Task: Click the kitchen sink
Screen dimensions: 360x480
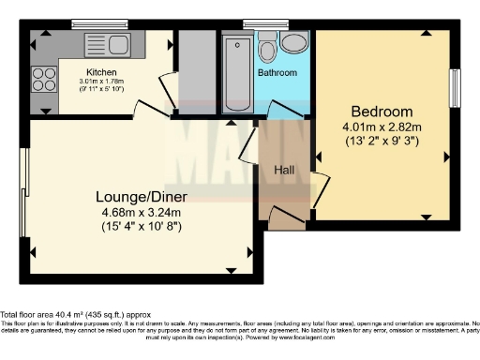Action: pyautogui.click(x=106, y=44)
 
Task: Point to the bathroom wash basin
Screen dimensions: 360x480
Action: pyautogui.click(x=294, y=42)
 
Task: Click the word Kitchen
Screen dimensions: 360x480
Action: pyautogui.click(x=101, y=72)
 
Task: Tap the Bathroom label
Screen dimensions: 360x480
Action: pyautogui.click(x=277, y=73)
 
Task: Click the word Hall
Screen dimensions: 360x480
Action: pyautogui.click(x=284, y=170)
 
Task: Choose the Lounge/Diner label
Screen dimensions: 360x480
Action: pyautogui.click(x=142, y=196)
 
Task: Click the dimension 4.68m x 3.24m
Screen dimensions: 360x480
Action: pyautogui.click(x=142, y=212)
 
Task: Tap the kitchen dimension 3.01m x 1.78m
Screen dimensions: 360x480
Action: pyautogui.click(x=101, y=82)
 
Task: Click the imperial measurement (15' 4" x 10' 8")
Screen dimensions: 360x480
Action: pyautogui.click(x=142, y=226)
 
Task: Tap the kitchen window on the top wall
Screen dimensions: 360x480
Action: pyautogui.click(x=93, y=23)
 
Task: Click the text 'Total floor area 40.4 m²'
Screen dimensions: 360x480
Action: pyautogui.click(x=56, y=314)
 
